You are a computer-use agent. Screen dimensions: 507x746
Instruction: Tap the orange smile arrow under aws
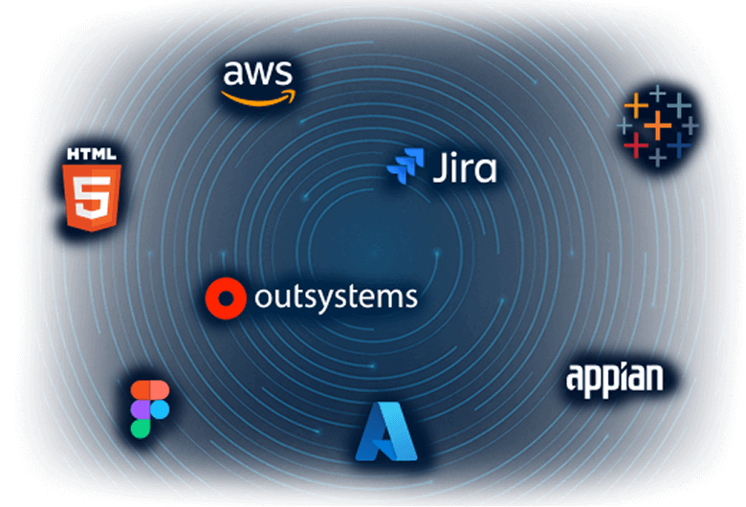pos(258,96)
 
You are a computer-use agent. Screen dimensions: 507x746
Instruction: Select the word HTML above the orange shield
pos(92,153)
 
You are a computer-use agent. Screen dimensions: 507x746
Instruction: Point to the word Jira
pos(464,168)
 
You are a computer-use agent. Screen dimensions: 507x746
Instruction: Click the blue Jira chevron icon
pos(405,166)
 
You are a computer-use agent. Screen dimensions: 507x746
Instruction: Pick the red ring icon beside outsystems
pos(226,298)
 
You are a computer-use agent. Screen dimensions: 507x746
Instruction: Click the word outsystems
pos(336,298)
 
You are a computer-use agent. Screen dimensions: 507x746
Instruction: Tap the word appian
pos(614,377)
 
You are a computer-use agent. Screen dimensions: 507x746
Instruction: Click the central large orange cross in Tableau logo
pos(657,124)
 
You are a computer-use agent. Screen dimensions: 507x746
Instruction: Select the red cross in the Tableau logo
pos(636,144)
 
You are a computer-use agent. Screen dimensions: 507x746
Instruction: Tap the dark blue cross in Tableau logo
pos(679,144)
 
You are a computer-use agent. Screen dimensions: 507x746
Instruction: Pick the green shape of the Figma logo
pos(141,428)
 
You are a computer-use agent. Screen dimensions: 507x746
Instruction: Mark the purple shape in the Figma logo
pos(141,409)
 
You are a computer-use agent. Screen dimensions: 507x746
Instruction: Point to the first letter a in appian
pos(576,379)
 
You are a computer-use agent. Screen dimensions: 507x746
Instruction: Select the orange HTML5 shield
pos(92,196)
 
